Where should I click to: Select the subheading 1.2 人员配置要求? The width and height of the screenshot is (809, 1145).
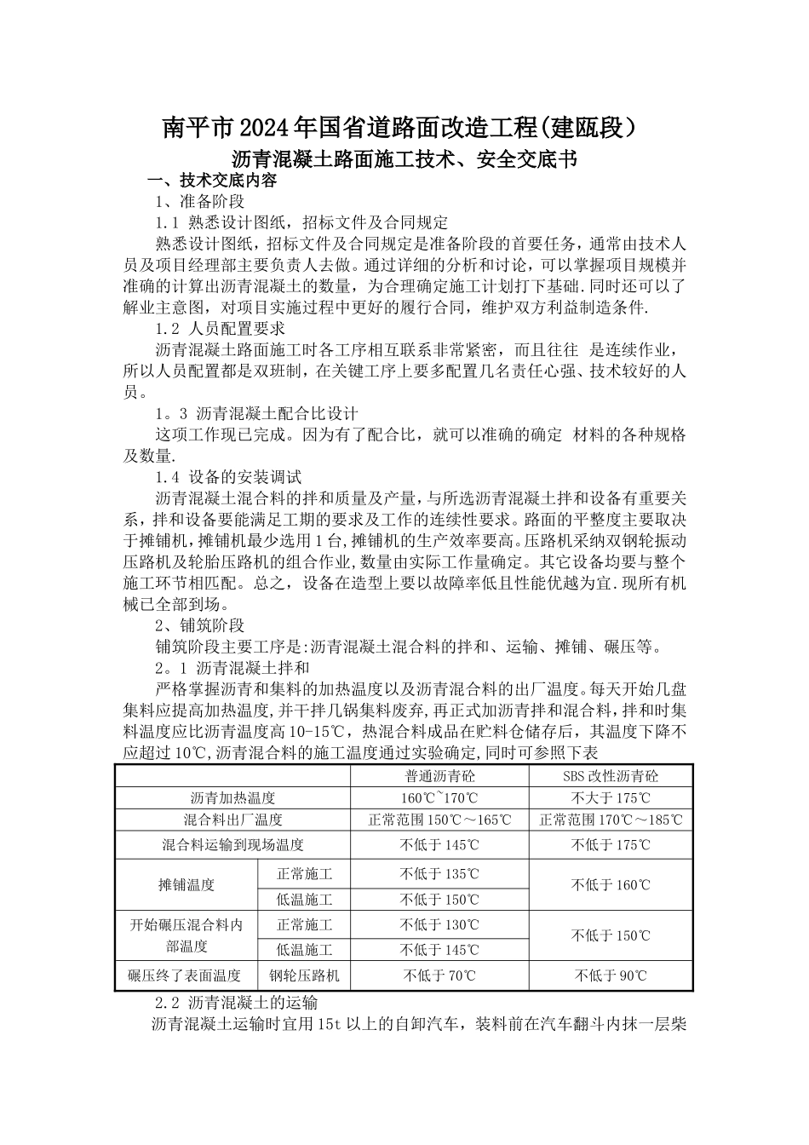[x=220, y=327]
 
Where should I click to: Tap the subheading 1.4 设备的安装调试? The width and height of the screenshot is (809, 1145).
[x=228, y=477]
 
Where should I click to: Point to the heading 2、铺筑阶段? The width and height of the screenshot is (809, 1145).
[x=200, y=624]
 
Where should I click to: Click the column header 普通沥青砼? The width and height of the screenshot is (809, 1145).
[x=439, y=776]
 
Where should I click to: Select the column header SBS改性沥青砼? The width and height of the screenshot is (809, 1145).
[x=611, y=776]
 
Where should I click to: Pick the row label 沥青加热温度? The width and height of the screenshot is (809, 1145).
[x=232, y=798]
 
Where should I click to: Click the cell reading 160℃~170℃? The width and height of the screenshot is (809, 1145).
[x=439, y=798]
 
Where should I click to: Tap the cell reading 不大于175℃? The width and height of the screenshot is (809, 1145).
[x=611, y=798]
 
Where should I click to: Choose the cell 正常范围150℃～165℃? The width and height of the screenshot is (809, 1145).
[x=439, y=820]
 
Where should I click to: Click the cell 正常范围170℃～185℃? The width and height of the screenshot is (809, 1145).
[x=611, y=820]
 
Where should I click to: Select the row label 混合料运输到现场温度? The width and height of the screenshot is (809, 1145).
[x=232, y=845]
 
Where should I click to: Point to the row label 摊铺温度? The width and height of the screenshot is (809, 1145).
[x=186, y=885]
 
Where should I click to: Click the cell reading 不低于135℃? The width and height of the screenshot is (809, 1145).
[x=439, y=873]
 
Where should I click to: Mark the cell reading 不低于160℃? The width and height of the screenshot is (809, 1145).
[x=611, y=885]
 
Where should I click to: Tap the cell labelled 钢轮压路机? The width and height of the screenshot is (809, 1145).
[x=304, y=975]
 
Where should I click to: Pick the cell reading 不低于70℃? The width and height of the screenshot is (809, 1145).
[x=439, y=975]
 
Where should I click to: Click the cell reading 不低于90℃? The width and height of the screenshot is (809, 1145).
[x=611, y=975]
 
